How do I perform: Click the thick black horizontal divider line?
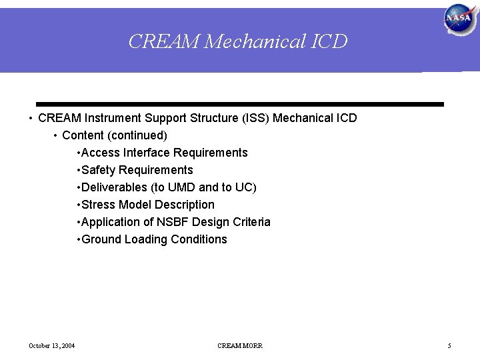point(240,105)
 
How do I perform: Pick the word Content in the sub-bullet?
point(83,135)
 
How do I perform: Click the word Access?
point(101,153)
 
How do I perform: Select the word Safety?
point(99,170)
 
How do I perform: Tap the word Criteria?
point(250,222)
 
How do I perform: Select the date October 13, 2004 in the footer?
point(52,345)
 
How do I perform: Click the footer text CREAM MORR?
point(240,345)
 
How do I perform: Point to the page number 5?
point(449,345)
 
